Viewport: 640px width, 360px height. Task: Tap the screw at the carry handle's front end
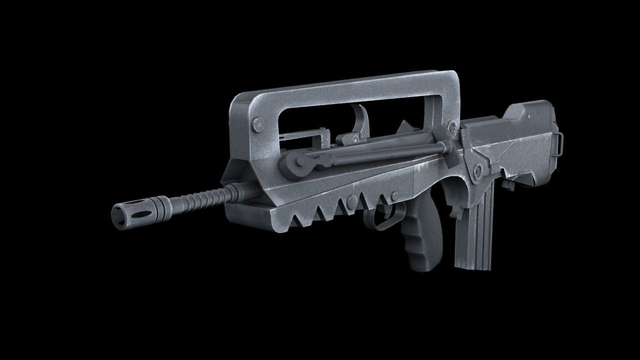pos(258,124)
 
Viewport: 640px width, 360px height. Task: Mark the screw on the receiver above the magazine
pos(477,170)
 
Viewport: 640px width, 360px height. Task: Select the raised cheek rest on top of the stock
pos(530,113)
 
